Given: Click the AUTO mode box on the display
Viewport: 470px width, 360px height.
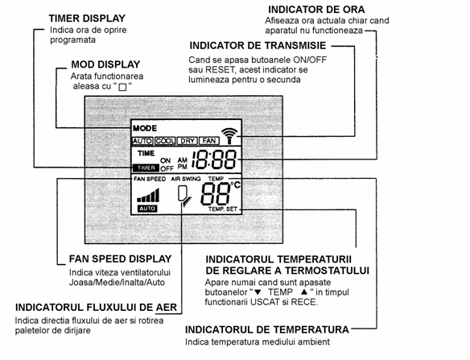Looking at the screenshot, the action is [142, 141].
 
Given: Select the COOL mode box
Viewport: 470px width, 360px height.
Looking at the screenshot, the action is [165, 141].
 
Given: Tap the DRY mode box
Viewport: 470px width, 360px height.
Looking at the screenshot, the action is [188, 141].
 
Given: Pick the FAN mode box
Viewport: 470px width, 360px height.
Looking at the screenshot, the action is [209, 141].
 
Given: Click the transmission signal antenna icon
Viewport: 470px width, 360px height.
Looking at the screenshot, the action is [229, 135].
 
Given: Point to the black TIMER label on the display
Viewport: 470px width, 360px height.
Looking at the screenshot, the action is [146, 168].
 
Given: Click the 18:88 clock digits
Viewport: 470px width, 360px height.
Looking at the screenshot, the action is [214, 159].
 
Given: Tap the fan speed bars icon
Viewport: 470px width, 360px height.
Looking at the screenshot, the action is [148, 195].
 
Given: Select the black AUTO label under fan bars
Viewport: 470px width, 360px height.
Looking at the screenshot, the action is [147, 209].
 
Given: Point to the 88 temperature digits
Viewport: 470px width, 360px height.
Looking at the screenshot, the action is [216, 193].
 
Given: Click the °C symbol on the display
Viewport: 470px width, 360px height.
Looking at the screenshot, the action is [236, 184].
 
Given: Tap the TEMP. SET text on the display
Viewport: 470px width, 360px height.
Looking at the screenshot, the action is [223, 209].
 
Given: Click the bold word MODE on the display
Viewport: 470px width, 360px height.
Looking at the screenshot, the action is [145, 128].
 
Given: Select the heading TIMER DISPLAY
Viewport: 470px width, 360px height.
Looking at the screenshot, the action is [87, 19].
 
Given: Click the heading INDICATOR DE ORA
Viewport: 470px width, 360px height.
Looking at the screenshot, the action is [316, 10].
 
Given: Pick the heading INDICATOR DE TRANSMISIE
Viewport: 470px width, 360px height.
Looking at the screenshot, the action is [258, 46].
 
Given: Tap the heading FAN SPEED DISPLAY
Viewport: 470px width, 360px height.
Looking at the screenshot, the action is [120, 259].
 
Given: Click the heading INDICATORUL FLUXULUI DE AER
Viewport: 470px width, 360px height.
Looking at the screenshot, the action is [96, 308].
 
